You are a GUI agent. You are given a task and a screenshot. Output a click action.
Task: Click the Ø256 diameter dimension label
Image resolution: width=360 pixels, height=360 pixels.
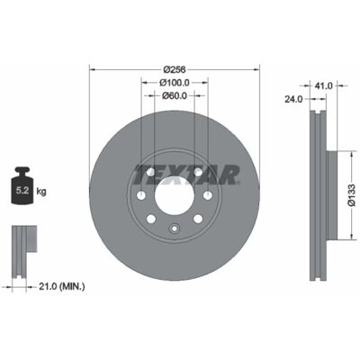click(175, 69)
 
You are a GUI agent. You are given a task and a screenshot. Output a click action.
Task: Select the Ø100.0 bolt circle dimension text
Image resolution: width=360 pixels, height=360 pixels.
click(175, 82)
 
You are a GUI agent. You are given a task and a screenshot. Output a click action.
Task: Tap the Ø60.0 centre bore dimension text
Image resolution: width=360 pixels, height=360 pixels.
click(175, 95)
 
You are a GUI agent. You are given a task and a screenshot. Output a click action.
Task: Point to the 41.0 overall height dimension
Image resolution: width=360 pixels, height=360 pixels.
click(324, 86)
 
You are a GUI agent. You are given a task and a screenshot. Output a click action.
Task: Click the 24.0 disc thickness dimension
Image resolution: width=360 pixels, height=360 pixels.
click(293, 99)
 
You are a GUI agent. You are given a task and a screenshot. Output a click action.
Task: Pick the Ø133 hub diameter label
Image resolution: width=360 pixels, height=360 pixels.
click(352, 195)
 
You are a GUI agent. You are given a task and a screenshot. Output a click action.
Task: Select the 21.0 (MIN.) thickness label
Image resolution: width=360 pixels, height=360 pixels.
click(62, 287)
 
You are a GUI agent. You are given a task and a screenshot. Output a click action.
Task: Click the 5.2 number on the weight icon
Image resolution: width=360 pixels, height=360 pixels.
click(22, 191)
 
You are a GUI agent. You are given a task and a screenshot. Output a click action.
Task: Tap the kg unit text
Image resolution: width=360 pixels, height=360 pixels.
click(41, 191)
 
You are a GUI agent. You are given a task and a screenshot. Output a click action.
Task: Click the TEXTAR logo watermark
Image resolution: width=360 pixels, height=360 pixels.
click(186, 175)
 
